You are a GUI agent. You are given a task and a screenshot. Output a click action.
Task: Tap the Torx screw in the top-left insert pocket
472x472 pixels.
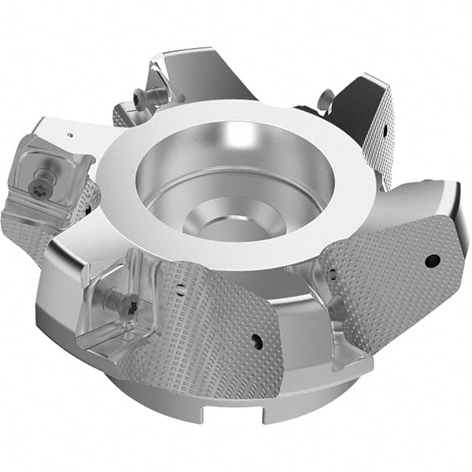click(141, 98)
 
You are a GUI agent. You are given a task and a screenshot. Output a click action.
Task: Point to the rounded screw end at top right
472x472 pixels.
click(323, 98)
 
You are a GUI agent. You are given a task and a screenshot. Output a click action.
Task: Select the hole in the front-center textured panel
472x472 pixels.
click(256, 341)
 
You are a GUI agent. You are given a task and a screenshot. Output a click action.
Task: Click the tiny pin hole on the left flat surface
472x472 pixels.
click(69, 135)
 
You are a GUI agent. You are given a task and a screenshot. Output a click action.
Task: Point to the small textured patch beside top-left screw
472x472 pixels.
click(121, 117)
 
